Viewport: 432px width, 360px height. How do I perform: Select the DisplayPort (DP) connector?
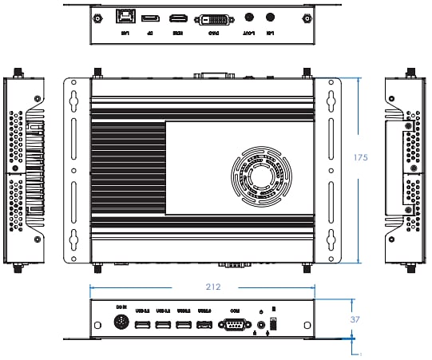(x=149, y=18)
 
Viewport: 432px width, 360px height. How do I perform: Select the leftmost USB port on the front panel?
(x=144, y=324)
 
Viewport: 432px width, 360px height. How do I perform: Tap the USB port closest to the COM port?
(x=204, y=324)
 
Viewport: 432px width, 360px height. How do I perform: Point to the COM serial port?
(x=235, y=324)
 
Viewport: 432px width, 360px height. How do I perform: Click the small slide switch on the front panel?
(x=274, y=322)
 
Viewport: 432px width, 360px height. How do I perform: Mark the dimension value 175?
(x=360, y=158)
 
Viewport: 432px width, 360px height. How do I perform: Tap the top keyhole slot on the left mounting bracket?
(x=74, y=101)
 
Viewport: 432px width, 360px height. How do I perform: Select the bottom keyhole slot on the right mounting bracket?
(x=329, y=239)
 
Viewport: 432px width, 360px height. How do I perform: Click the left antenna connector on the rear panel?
(x=97, y=17)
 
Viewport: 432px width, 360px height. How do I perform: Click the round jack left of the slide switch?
(x=261, y=325)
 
